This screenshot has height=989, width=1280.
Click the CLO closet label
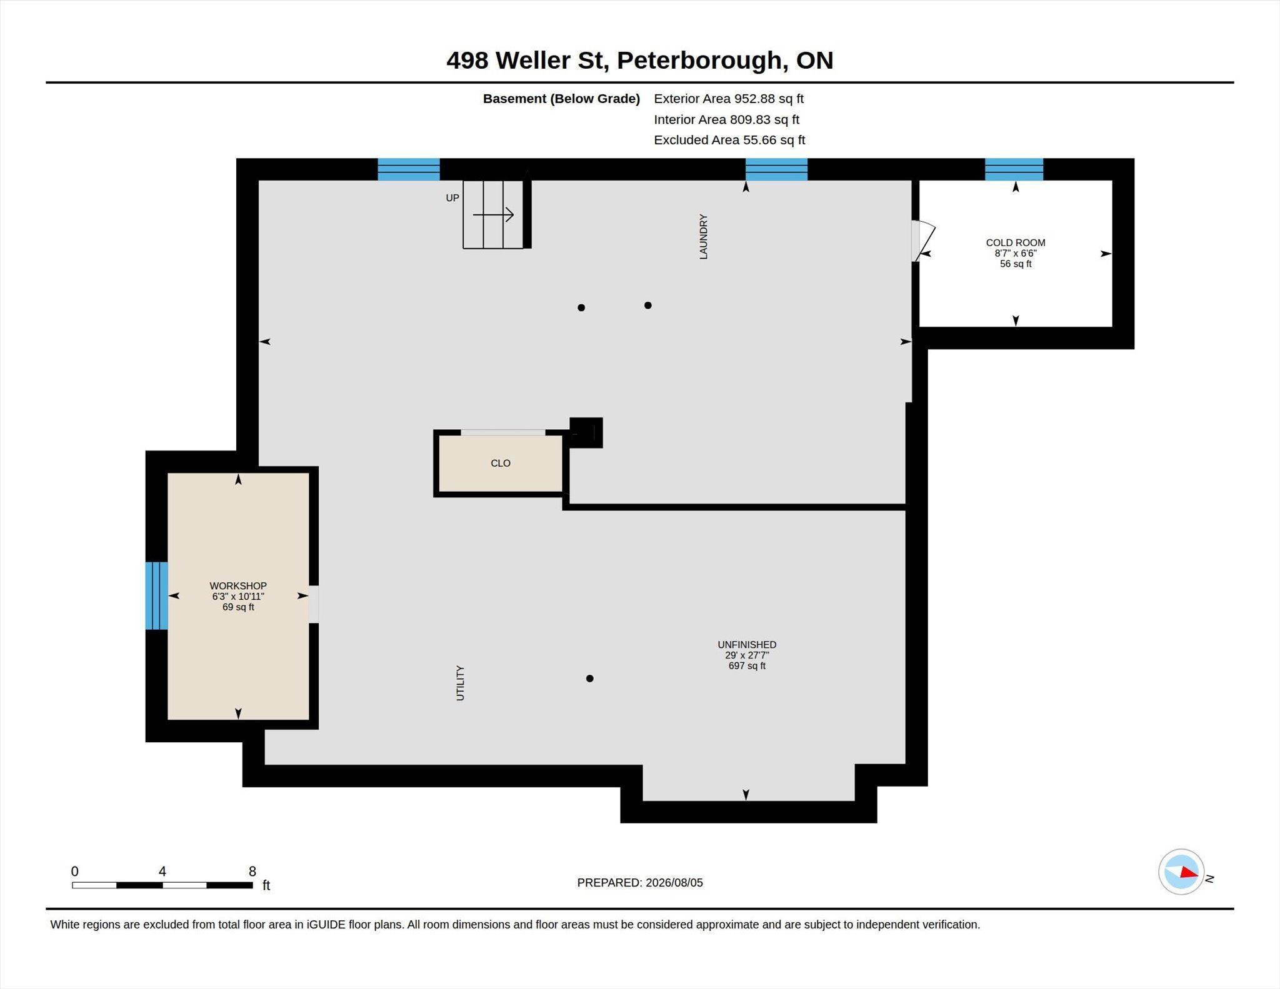(x=501, y=463)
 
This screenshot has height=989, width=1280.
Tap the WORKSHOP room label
(x=238, y=585)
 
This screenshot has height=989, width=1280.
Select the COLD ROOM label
(x=1016, y=242)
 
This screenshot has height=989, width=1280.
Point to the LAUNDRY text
(x=703, y=236)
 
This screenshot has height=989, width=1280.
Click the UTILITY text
(x=461, y=683)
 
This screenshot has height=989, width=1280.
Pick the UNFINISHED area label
(x=747, y=645)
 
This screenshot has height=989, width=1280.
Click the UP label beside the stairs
(x=452, y=198)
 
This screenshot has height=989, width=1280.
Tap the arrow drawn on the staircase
(x=493, y=215)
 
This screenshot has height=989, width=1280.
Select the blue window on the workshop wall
(x=156, y=595)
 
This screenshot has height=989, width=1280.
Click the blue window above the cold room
(x=1014, y=169)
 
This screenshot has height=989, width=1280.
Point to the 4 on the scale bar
(x=162, y=871)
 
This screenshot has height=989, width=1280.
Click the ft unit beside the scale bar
(x=266, y=885)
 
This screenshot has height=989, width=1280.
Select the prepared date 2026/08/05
(x=674, y=883)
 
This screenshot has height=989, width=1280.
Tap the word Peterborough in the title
(x=699, y=61)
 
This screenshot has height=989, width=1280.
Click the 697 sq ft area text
(x=747, y=666)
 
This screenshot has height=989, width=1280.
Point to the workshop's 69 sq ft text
(x=238, y=607)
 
